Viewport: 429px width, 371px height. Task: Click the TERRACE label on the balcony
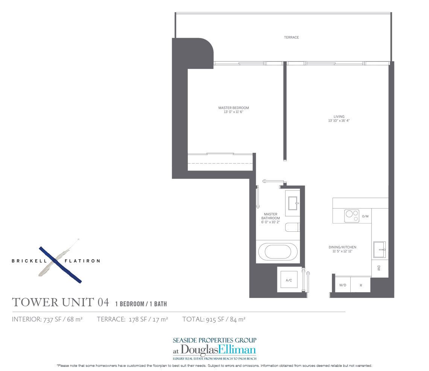tap(291, 38)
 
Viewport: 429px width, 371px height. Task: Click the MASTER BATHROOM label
tap(271, 216)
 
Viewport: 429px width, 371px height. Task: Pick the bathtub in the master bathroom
tap(278, 251)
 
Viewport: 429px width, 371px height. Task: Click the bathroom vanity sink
tap(292, 204)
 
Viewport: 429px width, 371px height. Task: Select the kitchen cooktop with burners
tap(351, 216)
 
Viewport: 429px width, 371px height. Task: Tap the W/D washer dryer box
tap(342, 285)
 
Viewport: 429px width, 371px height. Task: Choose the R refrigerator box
tap(361, 285)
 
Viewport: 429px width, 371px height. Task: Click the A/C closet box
tap(289, 280)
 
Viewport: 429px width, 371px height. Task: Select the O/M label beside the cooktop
tap(365, 217)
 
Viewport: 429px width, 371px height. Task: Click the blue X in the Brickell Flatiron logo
tap(60, 265)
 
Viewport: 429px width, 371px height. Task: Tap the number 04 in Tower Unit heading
tap(103, 302)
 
